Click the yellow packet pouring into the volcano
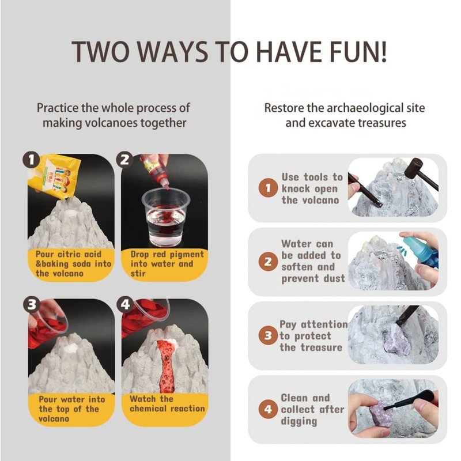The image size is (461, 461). (x=54, y=176)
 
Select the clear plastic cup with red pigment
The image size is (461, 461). (x=165, y=217)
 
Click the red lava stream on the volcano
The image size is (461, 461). (x=167, y=366)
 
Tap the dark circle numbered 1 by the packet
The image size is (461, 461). (x=31, y=160)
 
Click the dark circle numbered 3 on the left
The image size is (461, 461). (x=32, y=305)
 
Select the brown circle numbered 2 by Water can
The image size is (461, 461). (x=268, y=262)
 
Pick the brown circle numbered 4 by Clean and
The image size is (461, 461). (x=268, y=409)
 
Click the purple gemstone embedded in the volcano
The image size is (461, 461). (x=396, y=342)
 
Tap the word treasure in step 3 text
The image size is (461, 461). (x=321, y=347)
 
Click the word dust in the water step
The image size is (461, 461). (x=334, y=278)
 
